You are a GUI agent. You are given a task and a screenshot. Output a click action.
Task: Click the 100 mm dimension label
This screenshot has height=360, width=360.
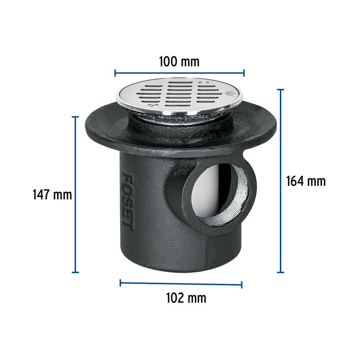point(179,62)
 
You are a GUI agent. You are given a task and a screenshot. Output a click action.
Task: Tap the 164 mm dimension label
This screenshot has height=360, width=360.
point(306,181)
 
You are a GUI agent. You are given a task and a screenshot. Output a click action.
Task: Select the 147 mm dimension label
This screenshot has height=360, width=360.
point(52,195)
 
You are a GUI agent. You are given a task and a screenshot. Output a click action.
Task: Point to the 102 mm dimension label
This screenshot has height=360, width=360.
point(186,298)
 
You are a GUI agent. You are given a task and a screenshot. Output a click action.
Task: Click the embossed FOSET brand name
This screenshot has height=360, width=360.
point(128,202)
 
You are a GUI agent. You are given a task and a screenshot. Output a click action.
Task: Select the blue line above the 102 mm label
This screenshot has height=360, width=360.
point(181,284)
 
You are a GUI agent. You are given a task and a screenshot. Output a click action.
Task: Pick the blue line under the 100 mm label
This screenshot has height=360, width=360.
point(180,73)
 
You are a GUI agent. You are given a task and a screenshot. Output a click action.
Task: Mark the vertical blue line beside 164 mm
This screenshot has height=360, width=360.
point(280,181)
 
